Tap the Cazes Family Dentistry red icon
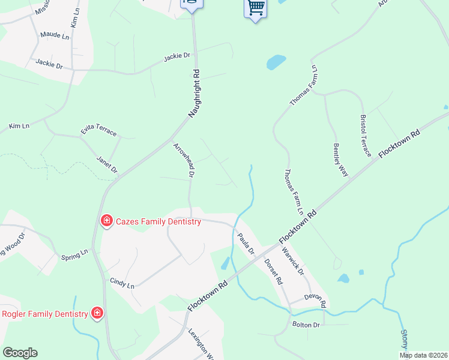[x=106, y=221]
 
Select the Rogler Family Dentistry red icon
[x=97, y=313]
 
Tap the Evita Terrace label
[x=98, y=131]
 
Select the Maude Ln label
[x=55, y=35]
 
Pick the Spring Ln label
[x=74, y=255]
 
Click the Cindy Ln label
[x=122, y=283]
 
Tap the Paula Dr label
[x=246, y=243]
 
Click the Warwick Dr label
[x=294, y=262]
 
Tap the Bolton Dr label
[x=307, y=325]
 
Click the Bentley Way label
[x=340, y=159]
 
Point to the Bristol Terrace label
[x=367, y=136]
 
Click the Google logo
[x=20, y=352]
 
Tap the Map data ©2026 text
[x=423, y=355]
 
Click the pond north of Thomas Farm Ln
[x=276, y=62]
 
